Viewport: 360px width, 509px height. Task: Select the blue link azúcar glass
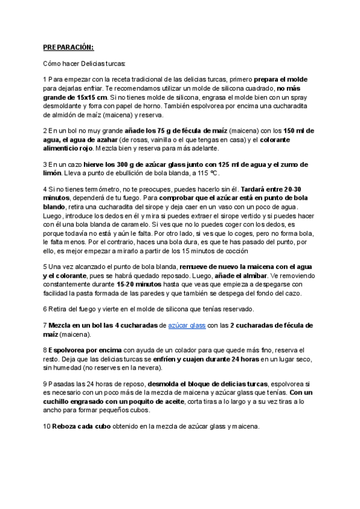point(187,325)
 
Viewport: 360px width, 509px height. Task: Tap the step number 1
point(45,79)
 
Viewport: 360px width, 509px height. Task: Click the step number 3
point(45,164)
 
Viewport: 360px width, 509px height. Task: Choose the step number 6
point(45,309)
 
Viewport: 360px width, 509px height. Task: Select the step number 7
point(45,325)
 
